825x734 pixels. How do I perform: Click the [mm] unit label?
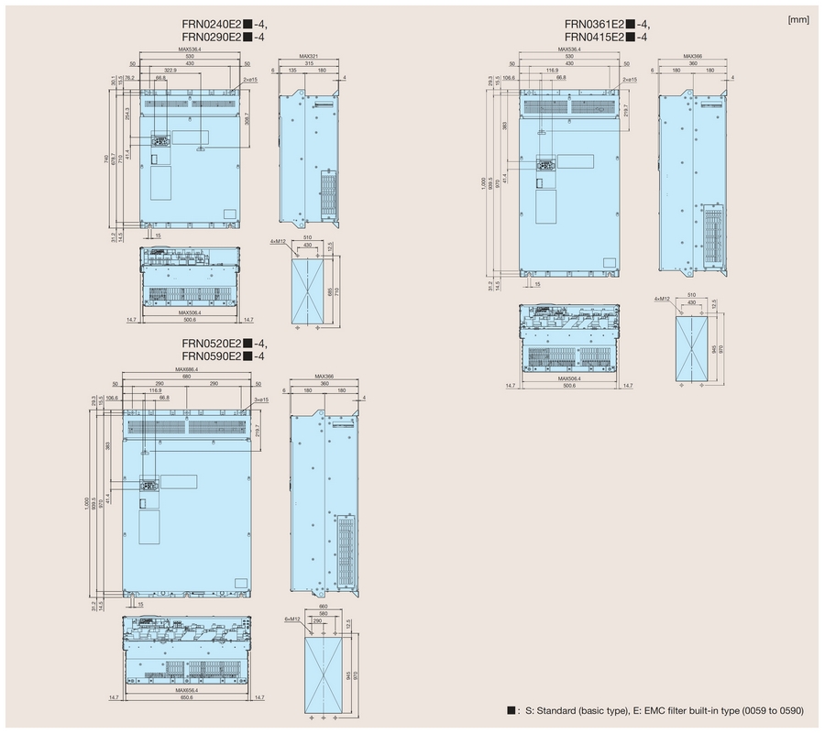point(797,18)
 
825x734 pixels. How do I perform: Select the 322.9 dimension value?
point(171,71)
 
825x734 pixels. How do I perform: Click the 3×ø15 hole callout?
point(258,400)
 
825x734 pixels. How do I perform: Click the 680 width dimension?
point(187,377)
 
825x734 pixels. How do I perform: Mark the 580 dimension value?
point(323,613)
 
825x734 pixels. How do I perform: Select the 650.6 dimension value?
point(187,698)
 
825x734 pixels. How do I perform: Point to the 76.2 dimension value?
point(131,79)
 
